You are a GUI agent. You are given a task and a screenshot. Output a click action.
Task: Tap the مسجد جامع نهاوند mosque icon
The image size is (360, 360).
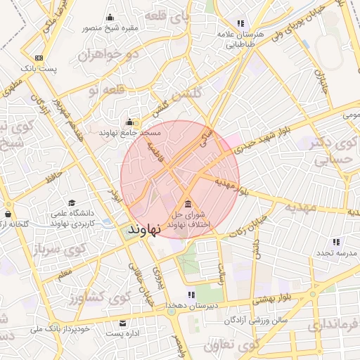(x=129, y=121)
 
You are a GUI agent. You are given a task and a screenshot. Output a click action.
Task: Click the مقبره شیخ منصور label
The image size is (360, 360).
(x=110, y=28)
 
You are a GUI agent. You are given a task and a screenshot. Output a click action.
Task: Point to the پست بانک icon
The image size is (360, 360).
(x=39, y=58)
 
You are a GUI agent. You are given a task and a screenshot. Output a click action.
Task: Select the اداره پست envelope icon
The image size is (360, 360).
(x=123, y=323)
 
